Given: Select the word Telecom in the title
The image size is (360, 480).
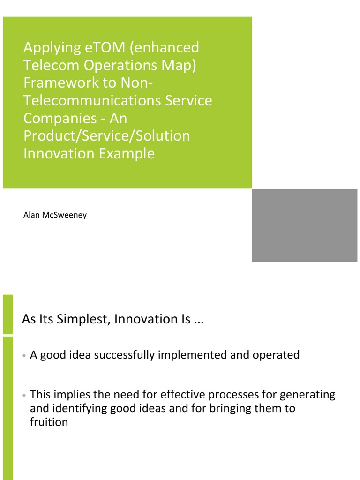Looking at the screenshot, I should pos(49,65).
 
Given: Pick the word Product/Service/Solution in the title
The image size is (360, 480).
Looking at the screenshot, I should pos(107,136).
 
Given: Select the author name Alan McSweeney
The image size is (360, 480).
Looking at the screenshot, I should pos(55,216).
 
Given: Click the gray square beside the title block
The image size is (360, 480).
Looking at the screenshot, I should pos(305,225).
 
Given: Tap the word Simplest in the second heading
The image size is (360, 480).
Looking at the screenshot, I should pos(84,319).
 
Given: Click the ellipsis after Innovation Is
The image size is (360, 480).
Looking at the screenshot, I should pos(199,320).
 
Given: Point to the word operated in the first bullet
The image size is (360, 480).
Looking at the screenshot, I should pos(276,355).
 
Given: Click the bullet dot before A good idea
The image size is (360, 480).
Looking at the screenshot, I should pos(23,356).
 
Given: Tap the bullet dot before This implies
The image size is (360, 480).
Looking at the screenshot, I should pos(23,396).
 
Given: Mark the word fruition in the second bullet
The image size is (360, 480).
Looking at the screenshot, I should pos(49,422).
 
